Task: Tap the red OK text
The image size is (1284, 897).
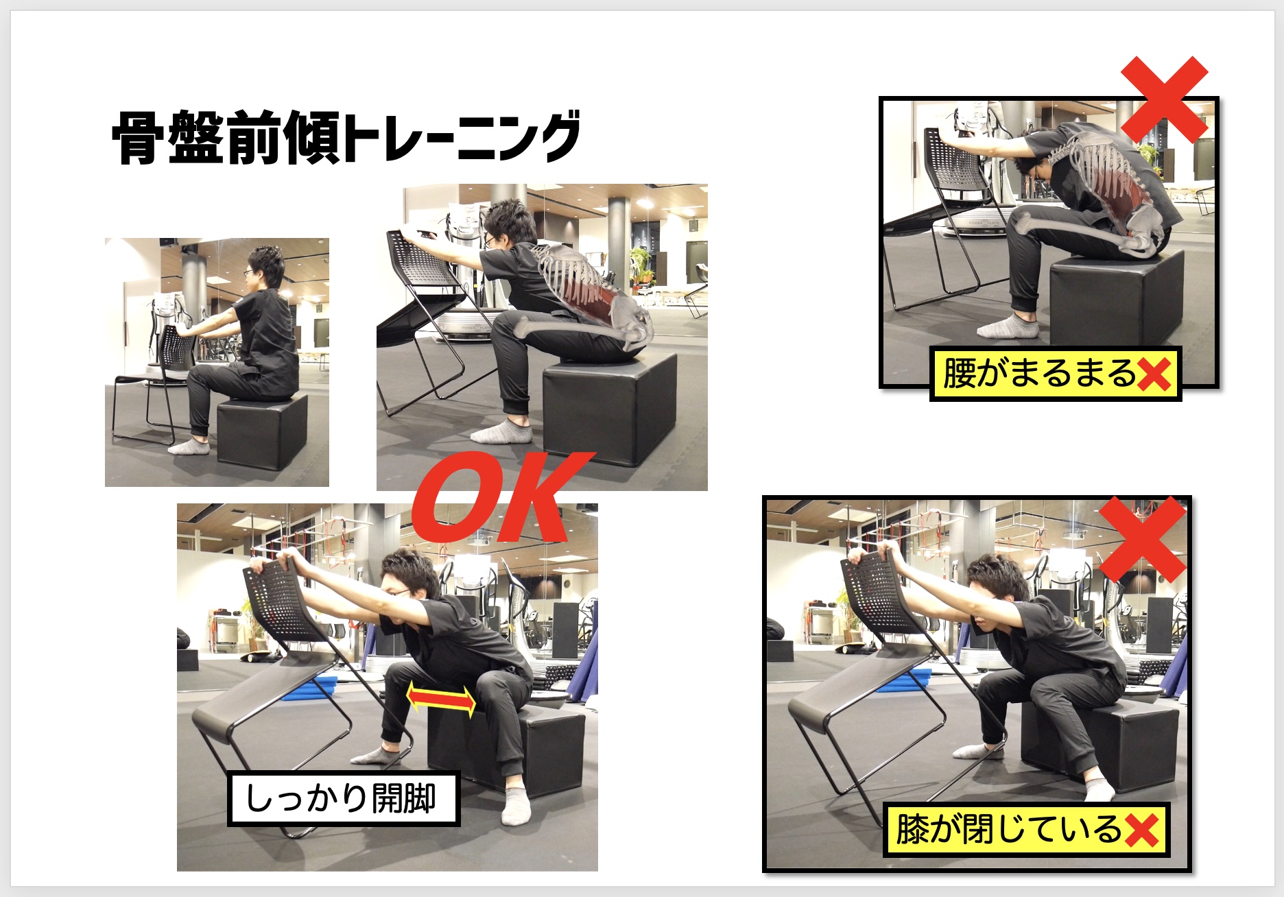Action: click(x=500, y=497)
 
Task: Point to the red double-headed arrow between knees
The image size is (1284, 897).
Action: click(x=441, y=699)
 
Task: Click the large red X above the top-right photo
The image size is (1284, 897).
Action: click(x=1164, y=99)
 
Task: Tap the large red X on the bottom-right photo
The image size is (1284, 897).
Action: click(x=1142, y=540)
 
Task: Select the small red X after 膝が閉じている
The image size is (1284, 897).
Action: click(x=1141, y=830)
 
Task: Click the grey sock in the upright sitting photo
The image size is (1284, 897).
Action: click(x=189, y=446)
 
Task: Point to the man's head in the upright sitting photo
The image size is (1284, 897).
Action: click(x=264, y=268)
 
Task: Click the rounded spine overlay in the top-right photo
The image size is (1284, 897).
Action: click(x=1111, y=182)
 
